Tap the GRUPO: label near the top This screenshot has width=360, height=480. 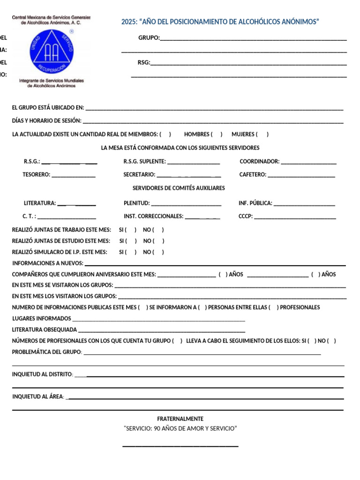(x=149, y=38)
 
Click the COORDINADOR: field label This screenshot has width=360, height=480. (x=259, y=162)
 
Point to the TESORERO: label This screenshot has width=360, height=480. (x=36, y=175)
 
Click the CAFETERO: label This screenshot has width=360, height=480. (x=253, y=175)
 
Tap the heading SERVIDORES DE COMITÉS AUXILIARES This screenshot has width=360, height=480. (x=179, y=188)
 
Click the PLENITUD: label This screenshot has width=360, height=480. (x=137, y=203)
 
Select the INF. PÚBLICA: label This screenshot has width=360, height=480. (x=255, y=203)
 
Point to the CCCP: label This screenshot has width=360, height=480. (x=245, y=217)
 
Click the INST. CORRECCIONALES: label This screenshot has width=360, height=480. (x=153, y=217)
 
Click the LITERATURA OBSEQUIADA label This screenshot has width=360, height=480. (x=45, y=330)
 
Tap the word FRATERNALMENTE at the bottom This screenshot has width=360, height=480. (x=180, y=419)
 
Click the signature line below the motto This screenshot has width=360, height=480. (x=180, y=446)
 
